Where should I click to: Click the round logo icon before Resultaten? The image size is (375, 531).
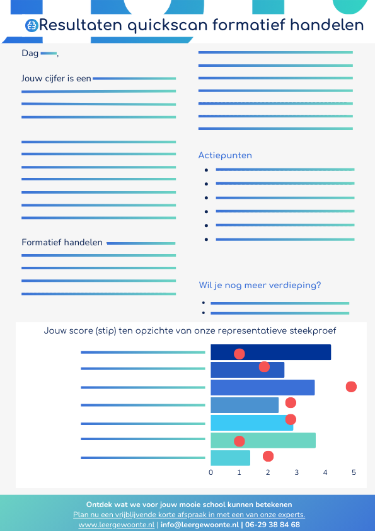point(32,25)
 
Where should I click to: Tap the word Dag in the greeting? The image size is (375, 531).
point(30,54)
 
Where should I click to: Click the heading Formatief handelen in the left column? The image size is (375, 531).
point(62,242)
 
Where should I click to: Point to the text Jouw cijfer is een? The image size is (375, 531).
point(56,79)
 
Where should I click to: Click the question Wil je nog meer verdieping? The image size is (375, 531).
point(260,285)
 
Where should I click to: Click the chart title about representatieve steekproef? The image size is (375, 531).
point(190,330)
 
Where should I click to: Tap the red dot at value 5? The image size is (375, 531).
point(351,387)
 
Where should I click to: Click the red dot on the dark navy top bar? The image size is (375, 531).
point(239,354)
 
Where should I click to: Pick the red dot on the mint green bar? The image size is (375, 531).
point(239,441)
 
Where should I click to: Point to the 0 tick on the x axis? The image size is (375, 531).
point(211,472)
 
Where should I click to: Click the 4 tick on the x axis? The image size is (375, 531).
point(325,472)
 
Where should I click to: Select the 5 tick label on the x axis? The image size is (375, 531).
point(354,472)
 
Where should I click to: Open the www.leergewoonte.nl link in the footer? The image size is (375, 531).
point(116,525)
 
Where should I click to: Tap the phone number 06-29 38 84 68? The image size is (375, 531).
point(272,525)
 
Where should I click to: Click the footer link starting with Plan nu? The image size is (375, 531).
point(189,515)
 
